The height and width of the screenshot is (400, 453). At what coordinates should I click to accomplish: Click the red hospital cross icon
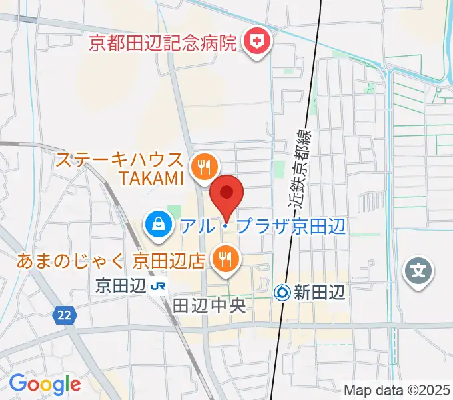pos(255,44)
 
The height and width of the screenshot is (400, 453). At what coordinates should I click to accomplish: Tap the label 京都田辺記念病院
pos(163,45)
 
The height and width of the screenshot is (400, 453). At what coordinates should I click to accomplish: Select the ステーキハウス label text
pos(119,160)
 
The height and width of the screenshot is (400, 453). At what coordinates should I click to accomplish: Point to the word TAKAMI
pos(151,178)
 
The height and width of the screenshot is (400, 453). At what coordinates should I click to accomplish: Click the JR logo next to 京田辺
pos(158,287)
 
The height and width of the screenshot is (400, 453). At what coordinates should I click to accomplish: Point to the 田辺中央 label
pos(210,306)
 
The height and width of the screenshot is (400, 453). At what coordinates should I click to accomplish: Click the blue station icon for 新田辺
pos(282,292)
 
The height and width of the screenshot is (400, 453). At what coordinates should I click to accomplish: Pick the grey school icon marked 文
pos(418,271)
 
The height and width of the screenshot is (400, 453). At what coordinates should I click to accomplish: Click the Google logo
pos(45,384)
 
